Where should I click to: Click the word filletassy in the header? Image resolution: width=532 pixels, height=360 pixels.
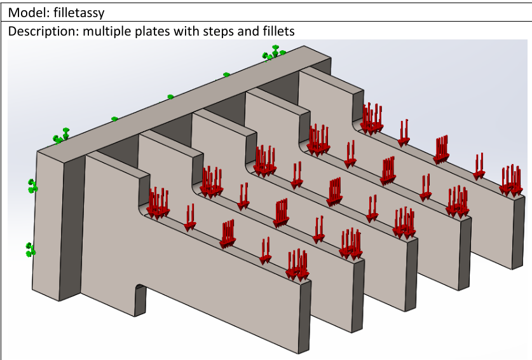pyautogui.click(x=79, y=13)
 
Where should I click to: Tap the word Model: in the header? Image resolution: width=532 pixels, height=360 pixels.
pyautogui.click(x=29, y=13)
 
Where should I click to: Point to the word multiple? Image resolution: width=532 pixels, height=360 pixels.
pyautogui.click(x=107, y=31)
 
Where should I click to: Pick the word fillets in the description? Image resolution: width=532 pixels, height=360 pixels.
pyautogui.click(x=278, y=31)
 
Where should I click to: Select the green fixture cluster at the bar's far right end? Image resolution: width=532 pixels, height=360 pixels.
pyautogui.click(x=273, y=53)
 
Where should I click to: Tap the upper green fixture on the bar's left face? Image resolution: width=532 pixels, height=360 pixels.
pyautogui.click(x=32, y=186)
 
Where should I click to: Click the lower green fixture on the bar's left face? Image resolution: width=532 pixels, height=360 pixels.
pyautogui.click(x=31, y=250)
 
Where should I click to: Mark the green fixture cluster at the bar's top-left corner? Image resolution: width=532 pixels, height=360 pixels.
pyautogui.click(x=61, y=136)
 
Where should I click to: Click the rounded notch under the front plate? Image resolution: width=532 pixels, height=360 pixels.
pyautogui.click(x=140, y=299)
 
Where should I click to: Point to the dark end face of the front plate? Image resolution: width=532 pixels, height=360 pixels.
pyautogui.click(x=304, y=317)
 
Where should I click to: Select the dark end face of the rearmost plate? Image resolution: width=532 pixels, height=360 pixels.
pyautogui.click(x=518, y=233)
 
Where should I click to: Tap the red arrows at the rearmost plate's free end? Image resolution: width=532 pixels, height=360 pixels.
pyautogui.click(x=511, y=181)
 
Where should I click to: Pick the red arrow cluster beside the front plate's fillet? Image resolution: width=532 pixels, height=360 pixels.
pyautogui.click(x=158, y=204)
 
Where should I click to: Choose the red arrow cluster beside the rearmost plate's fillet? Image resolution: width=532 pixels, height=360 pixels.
pyautogui.click(x=372, y=119)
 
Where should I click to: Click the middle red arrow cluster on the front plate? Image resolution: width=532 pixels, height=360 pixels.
pyautogui.click(x=228, y=234)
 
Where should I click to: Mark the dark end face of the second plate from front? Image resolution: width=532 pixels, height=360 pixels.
pyautogui.click(x=358, y=296)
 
